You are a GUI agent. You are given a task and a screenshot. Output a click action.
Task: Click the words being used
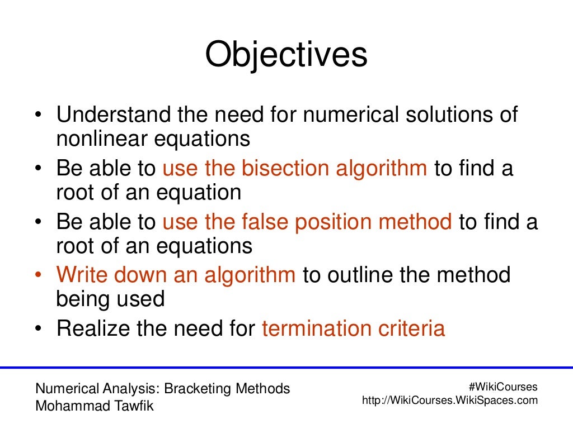[x=110, y=299]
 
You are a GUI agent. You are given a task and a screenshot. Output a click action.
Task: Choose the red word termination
[x=314, y=328]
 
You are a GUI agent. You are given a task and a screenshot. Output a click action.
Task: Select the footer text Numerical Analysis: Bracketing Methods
[x=163, y=388]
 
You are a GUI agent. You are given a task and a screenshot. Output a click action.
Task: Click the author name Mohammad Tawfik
[x=94, y=406]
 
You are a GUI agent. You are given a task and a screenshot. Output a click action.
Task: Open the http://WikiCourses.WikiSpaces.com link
[x=450, y=401]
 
